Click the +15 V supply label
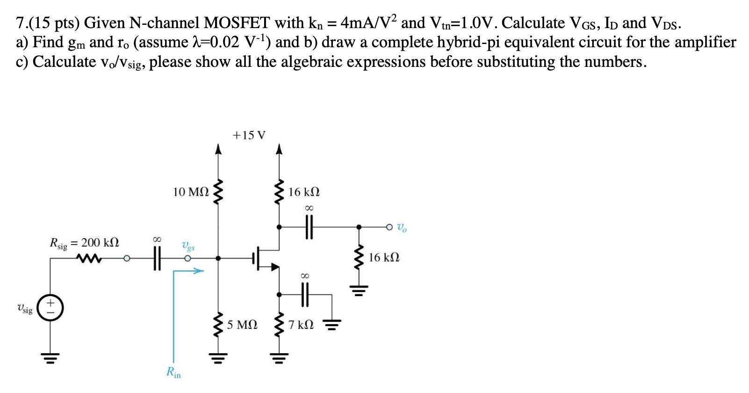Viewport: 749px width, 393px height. point(249,136)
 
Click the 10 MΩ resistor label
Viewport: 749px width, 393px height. point(191,192)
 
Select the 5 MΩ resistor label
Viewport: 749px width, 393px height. point(242,324)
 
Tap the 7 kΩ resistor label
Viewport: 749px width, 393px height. point(301,324)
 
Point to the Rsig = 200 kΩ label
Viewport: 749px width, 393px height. point(85,243)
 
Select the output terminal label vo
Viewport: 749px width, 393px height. point(402,228)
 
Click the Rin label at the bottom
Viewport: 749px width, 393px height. point(173,373)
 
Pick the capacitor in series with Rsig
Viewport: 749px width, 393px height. point(157,258)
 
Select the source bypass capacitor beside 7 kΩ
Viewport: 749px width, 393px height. point(305,295)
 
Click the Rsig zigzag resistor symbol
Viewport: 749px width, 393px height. point(90,258)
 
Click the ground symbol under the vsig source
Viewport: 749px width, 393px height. point(50,359)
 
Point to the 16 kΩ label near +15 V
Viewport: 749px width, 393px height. point(304,192)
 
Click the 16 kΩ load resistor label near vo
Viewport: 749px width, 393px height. point(384,257)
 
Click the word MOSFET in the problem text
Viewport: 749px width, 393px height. point(237,22)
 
